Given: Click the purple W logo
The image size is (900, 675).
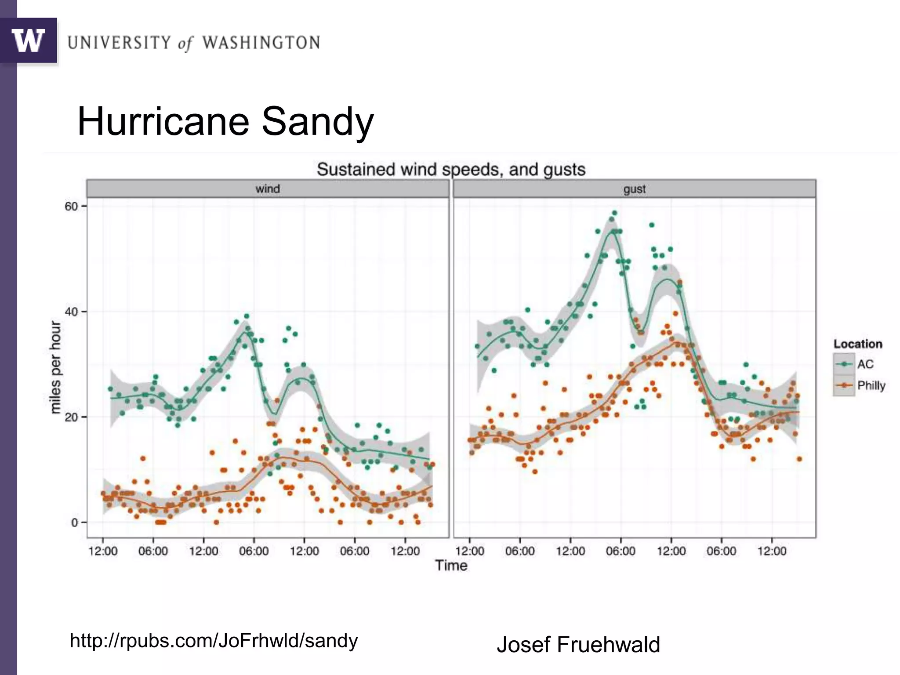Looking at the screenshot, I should coord(29,40).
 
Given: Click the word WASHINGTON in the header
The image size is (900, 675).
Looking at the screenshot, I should coord(261,43).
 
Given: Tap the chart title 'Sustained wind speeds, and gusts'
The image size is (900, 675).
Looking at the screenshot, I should coord(451,170).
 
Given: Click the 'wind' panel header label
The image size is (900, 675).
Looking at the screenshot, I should coord(268,189).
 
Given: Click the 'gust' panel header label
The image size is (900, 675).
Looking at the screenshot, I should coord(634,189).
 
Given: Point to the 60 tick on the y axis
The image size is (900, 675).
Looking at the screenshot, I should coord(71,207).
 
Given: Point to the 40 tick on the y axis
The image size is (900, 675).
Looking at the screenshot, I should coord(71,312).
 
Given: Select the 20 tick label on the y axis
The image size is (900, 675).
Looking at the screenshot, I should coord(71,417).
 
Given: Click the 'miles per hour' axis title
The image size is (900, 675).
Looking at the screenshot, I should coord(55,367).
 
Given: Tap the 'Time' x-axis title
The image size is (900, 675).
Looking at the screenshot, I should coord(451,565).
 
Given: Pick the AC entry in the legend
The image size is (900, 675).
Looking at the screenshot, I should coord(865,364).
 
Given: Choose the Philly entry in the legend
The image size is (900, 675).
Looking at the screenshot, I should coord(871,385).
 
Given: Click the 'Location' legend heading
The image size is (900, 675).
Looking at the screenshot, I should coord(858,344).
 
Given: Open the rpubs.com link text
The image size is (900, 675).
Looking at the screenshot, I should coord(214,641).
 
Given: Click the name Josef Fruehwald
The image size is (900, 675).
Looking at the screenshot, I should coord(578,645).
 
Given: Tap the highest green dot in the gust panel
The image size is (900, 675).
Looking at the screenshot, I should coord(614,213).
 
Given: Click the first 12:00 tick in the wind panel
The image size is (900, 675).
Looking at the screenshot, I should coord(103,551).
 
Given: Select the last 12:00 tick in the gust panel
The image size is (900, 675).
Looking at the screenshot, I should coord(772,551).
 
